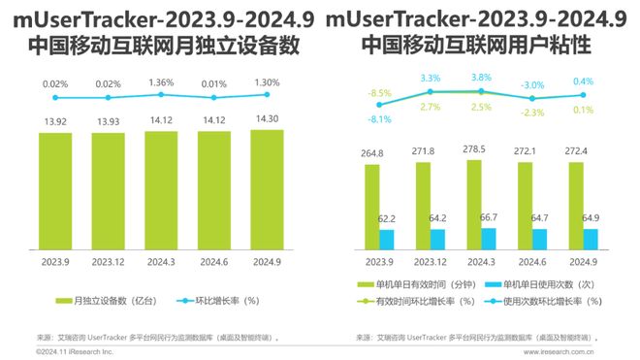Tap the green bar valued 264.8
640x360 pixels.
click(x=371, y=209)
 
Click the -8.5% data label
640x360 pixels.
click(x=379, y=92)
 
